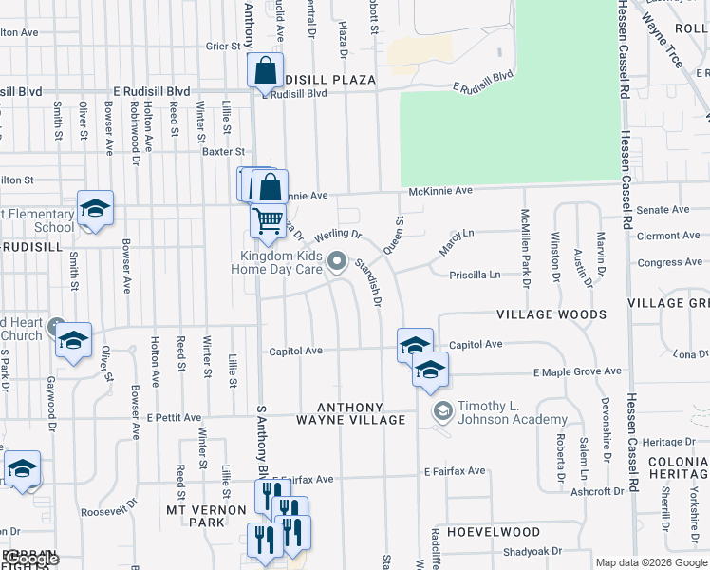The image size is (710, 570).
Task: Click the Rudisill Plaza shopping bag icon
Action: (x=265, y=70)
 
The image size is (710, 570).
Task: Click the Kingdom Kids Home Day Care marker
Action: (x=337, y=260)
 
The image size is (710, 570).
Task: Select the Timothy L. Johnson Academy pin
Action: (x=441, y=411)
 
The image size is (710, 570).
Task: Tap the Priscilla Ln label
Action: (x=476, y=275)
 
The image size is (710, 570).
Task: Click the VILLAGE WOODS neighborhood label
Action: (x=551, y=313)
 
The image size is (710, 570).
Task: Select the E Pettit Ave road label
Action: (x=174, y=417)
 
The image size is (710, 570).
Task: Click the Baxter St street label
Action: (x=223, y=151)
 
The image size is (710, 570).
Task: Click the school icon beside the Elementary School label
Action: (x=95, y=209)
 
